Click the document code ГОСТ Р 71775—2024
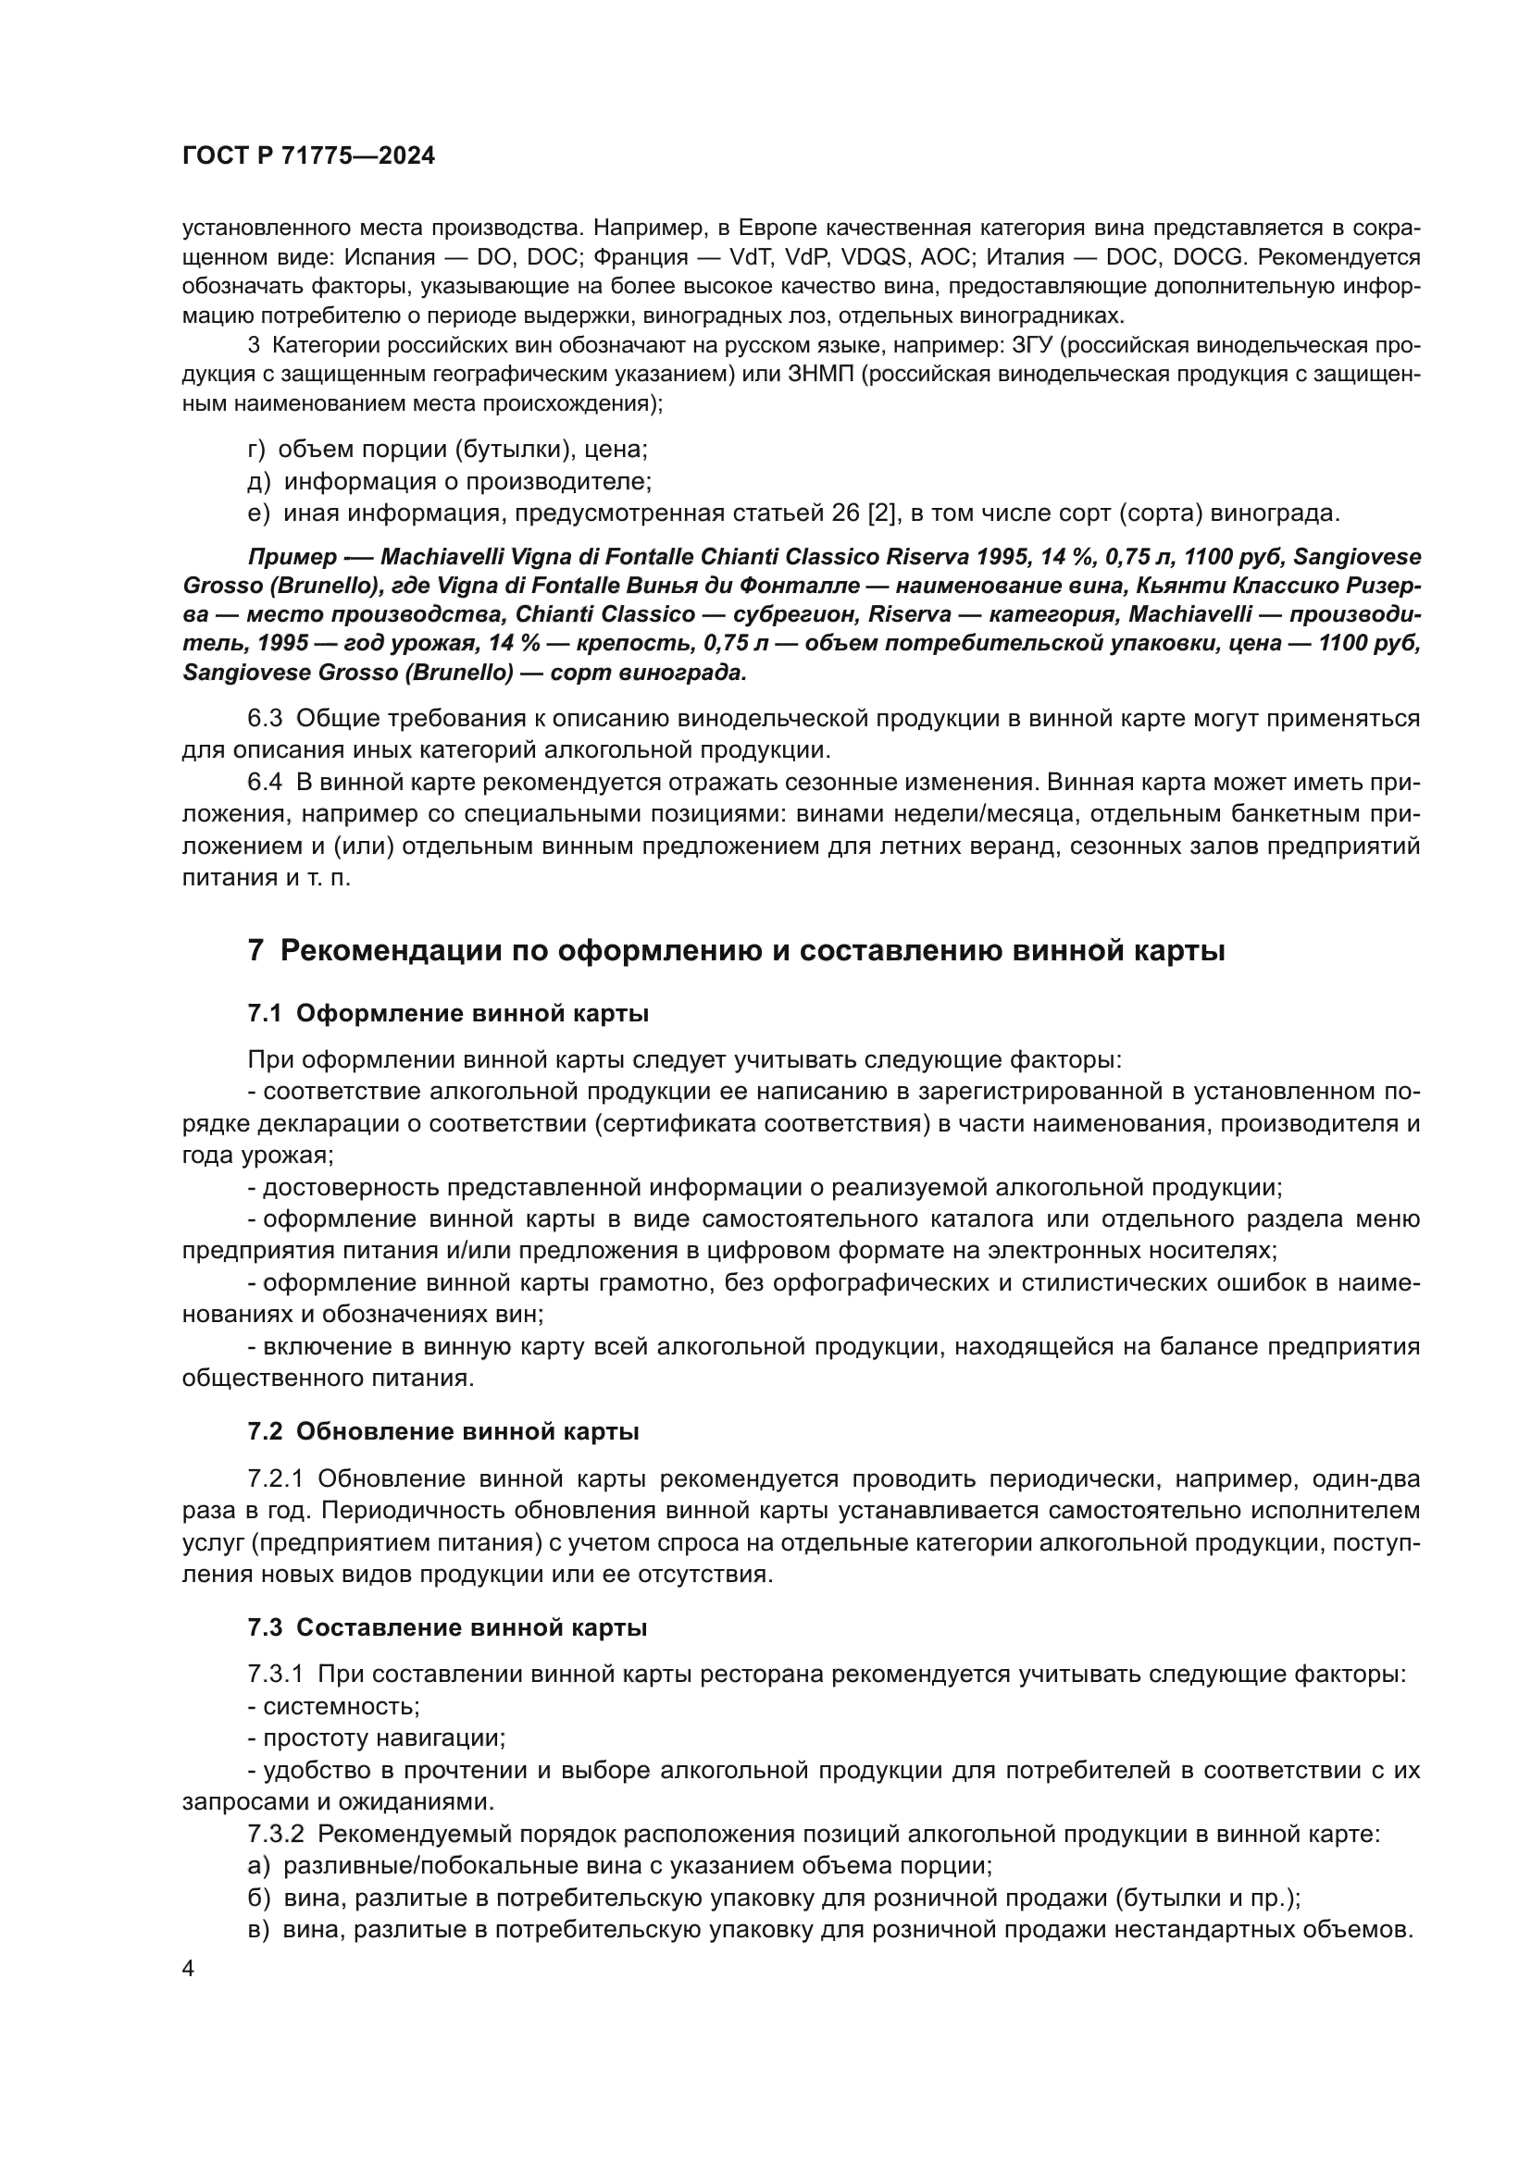point(308,156)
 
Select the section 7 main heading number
point(255,951)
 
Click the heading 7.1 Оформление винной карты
point(448,1014)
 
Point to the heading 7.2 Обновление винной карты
point(443,1431)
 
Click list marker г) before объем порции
point(256,450)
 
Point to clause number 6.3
point(265,718)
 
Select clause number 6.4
point(265,783)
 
